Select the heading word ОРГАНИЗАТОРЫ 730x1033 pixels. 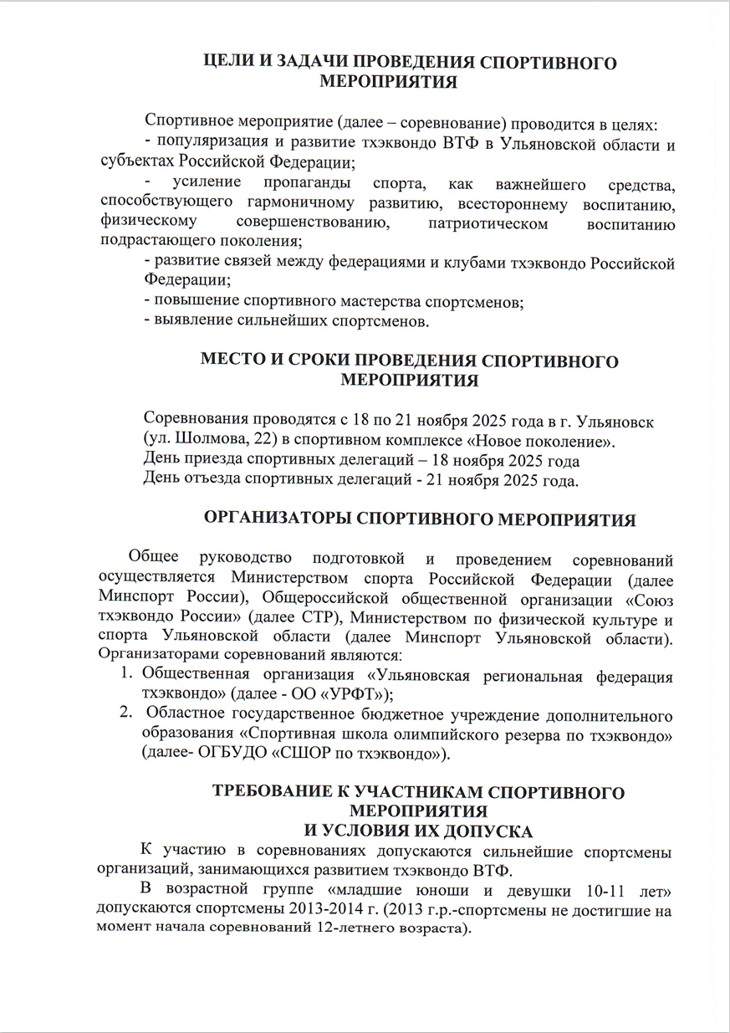pyautogui.click(x=278, y=519)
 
